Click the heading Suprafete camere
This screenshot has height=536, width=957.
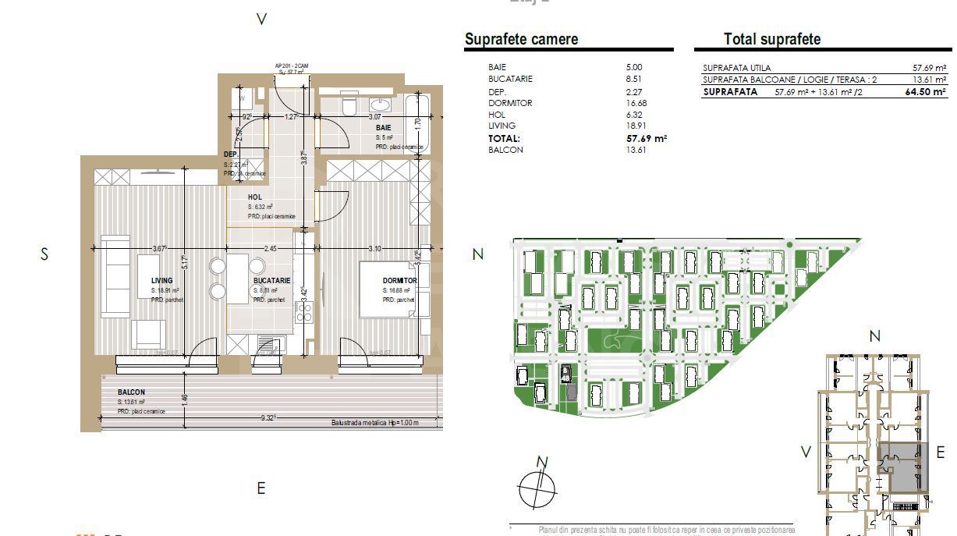(x=521, y=40)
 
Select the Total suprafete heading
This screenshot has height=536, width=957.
(x=771, y=40)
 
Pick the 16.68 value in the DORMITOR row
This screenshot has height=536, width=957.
(x=636, y=103)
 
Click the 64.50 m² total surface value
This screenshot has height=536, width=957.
(x=925, y=92)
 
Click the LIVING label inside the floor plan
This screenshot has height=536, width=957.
(x=162, y=281)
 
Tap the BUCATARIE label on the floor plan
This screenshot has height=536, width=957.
(x=271, y=281)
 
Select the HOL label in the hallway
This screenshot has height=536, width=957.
(x=255, y=197)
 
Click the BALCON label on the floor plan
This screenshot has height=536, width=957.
(x=131, y=392)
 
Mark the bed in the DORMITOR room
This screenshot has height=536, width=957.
(x=388, y=289)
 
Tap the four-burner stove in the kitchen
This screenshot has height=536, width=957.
(x=304, y=313)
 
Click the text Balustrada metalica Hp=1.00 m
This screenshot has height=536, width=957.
(x=374, y=424)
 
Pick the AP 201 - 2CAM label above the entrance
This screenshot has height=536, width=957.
(x=290, y=66)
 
